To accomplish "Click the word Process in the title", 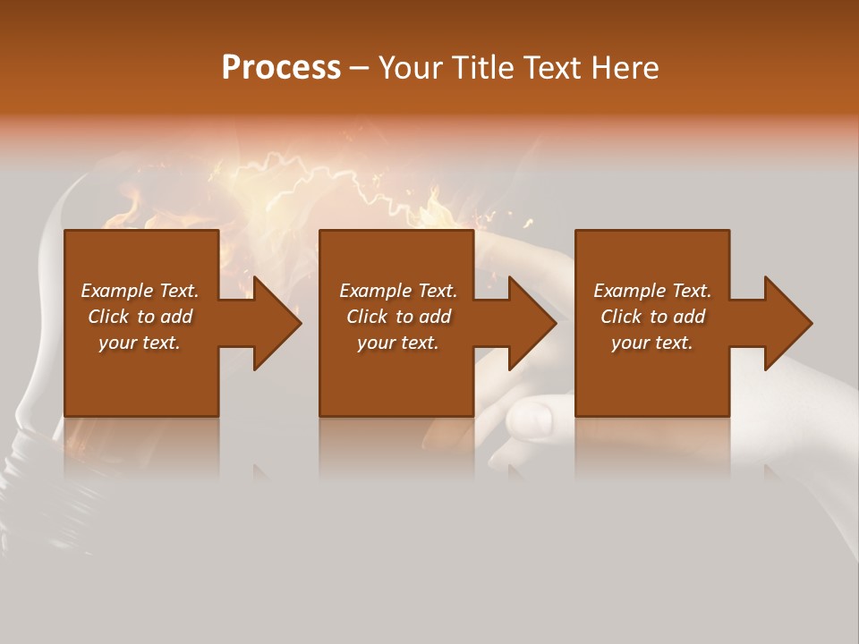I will [281, 68].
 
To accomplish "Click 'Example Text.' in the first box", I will [140, 291].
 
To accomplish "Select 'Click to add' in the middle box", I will [398, 317].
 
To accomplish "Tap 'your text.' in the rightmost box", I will [652, 343].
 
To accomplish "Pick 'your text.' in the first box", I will [140, 343].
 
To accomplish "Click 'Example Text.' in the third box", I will [652, 291].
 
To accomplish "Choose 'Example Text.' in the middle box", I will [398, 291].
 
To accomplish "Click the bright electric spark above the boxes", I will [295, 179].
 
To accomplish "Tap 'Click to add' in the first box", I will [140, 317].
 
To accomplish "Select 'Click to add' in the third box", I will [652, 317].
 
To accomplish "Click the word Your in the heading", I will [408, 68].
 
